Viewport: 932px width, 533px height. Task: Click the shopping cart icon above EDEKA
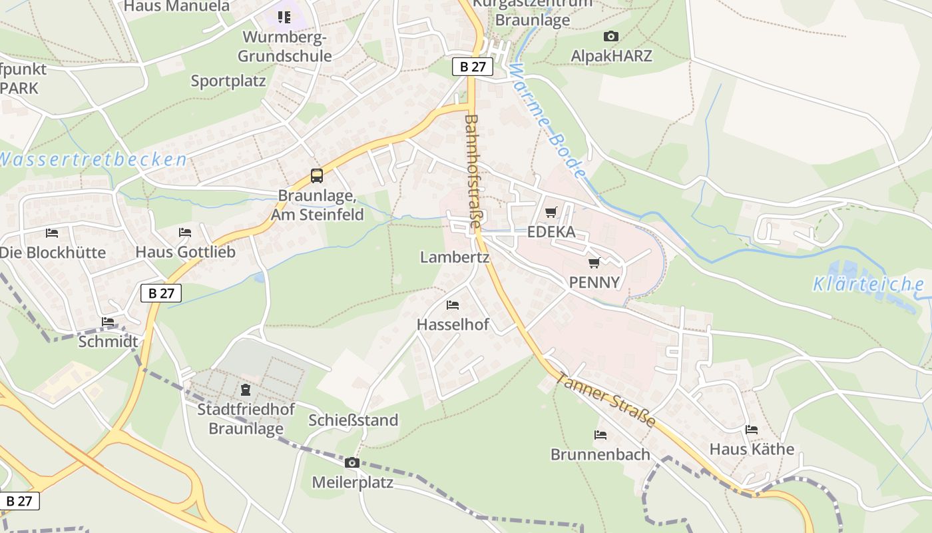[x=551, y=213]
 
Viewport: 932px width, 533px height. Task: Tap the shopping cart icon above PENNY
[x=594, y=263]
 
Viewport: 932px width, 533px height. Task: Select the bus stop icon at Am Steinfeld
[x=317, y=176]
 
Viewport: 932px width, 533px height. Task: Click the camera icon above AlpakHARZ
[x=610, y=37]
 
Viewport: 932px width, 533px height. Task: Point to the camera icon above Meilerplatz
[x=352, y=462]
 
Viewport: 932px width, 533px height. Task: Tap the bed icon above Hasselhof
[x=453, y=305]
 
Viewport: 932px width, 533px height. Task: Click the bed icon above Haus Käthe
[x=752, y=430]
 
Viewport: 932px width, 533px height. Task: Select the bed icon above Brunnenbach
[x=600, y=435]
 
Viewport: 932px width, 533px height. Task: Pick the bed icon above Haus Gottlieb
[x=185, y=233]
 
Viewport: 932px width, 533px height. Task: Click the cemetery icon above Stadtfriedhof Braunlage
[x=246, y=390]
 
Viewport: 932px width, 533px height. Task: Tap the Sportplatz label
[x=228, y=81]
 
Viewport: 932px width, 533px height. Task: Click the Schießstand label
[x=353, y=420]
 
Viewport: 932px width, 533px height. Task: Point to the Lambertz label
[x=455, y=257]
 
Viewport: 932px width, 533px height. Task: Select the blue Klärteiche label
[x=868, y=284]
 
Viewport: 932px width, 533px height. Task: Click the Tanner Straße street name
[x=605, y=399]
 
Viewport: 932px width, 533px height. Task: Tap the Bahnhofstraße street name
[x=472, y=172]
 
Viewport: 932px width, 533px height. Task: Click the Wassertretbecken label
[x=92, y=160]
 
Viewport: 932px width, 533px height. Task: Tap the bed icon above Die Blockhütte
[x=52, y=233]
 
